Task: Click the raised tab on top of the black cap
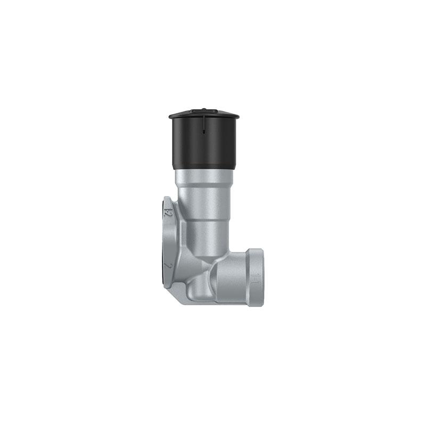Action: (203, 111)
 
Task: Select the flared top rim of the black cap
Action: (204, 116)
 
